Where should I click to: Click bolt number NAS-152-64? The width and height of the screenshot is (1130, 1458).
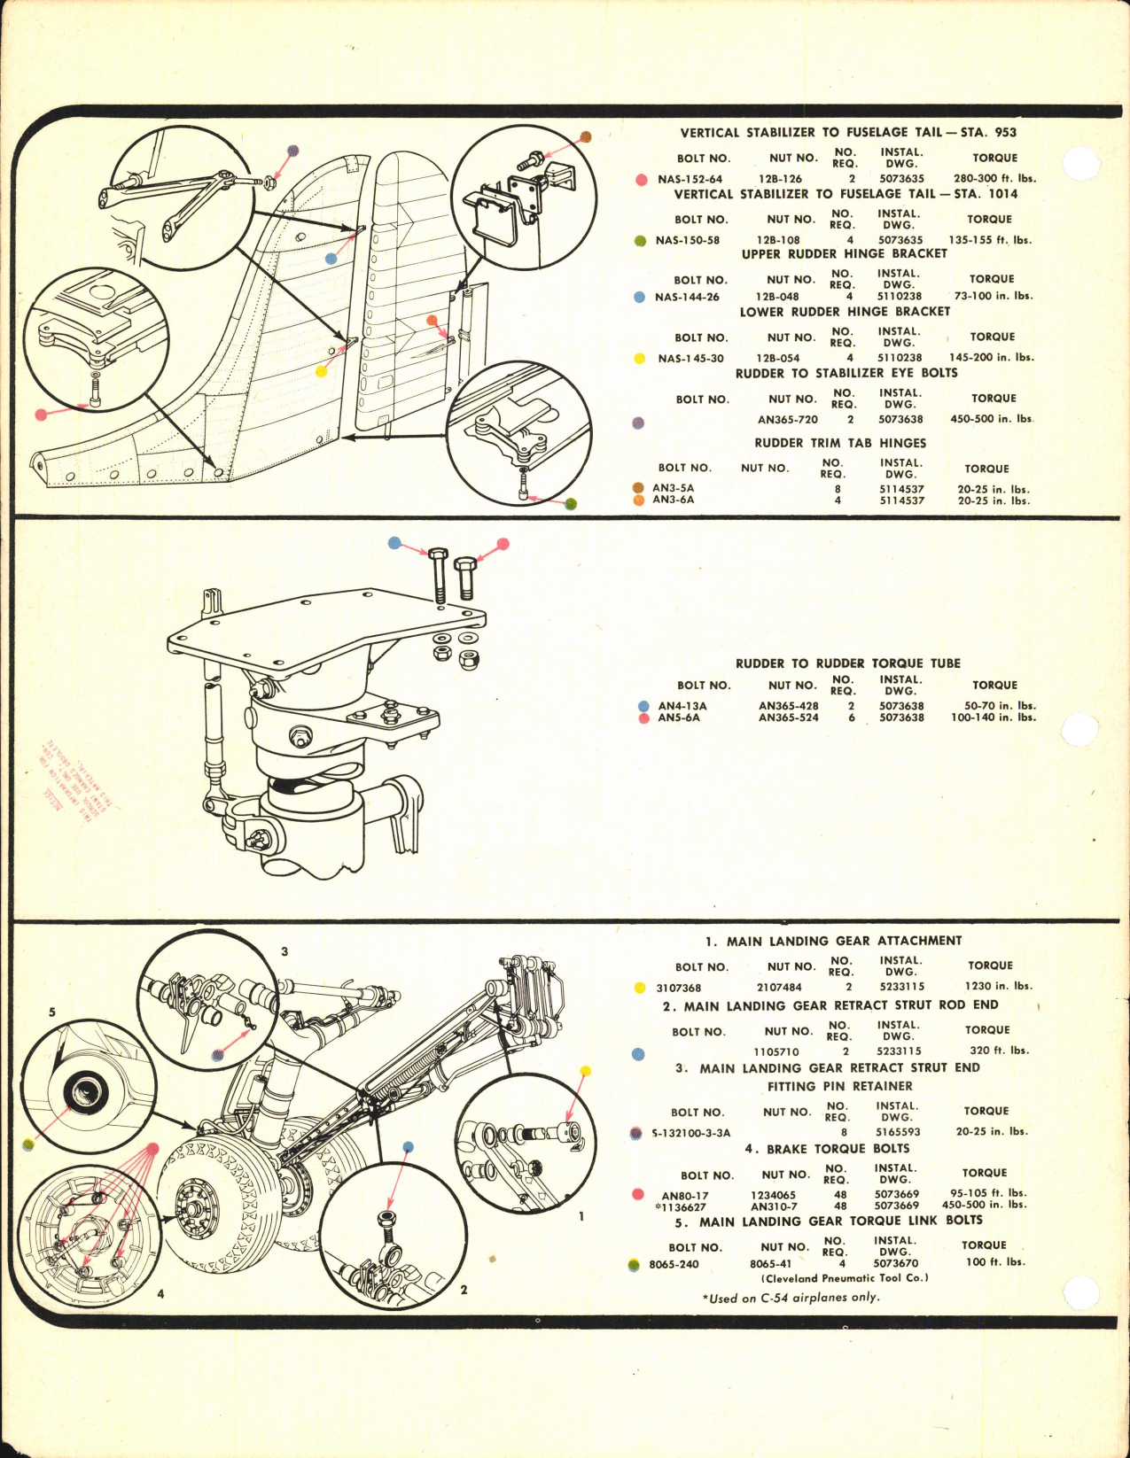click(690, 179)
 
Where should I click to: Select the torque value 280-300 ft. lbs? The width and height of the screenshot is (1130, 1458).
click(994, 178)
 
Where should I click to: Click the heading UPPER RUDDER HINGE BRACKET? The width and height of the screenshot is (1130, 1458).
click(844, 253)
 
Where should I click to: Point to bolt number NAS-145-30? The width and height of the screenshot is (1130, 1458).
click(690, 359)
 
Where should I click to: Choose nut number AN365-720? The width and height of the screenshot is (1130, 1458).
click(787, 420)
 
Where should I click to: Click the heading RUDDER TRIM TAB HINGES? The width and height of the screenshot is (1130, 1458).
click(840, 443)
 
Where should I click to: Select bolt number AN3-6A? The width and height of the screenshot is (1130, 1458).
click(673, 500)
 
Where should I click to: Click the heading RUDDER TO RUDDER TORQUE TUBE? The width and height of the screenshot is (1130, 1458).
click(847, 663)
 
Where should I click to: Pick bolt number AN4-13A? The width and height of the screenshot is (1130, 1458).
click(682, 706)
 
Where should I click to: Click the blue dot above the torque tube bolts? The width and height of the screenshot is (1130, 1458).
click(395, 543)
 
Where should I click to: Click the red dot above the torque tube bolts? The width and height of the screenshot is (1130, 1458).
click(503, 544)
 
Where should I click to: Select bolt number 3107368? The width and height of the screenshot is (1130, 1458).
click(678, 988)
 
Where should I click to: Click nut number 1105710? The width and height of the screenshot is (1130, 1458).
click(775, 1051)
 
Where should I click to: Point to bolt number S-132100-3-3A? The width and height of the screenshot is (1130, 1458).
click(690, 1133)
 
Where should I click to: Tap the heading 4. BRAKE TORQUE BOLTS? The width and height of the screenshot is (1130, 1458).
click(826, 1149)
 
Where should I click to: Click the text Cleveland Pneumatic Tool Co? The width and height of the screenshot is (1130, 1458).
click(844, 1278)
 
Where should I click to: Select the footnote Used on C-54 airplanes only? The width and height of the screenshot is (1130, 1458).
click(791, 1298)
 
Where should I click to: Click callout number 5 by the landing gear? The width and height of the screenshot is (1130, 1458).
click(52, 1012)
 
